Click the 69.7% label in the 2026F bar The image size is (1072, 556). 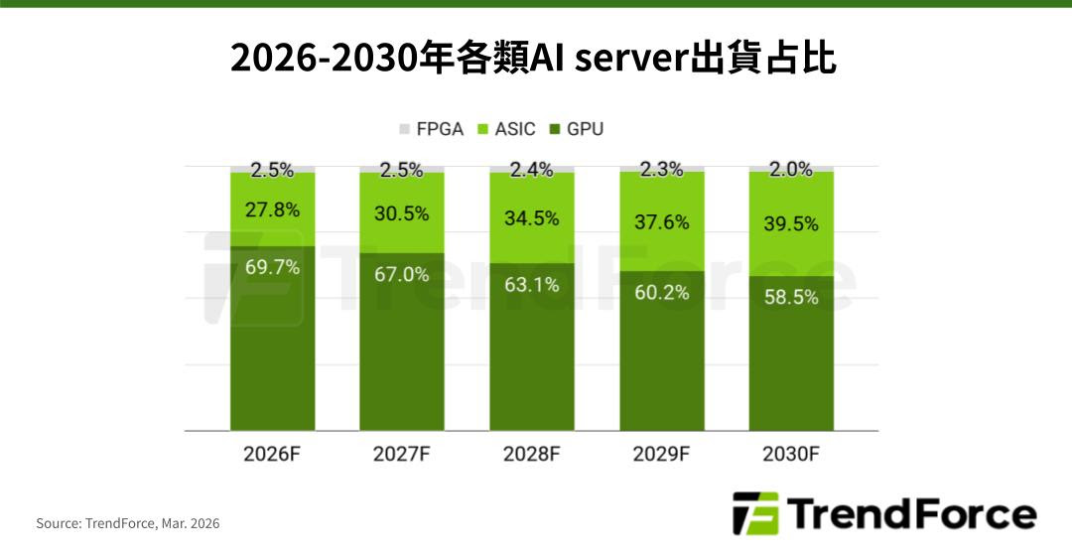coord(272,266)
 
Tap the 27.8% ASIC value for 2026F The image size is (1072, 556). coord(272,209)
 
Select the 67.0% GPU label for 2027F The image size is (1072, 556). coord(402,274)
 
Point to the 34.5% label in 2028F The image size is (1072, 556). coord(532,217)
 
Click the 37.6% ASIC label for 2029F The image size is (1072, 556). coord(662,222)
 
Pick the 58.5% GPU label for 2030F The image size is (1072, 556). coord(792,296)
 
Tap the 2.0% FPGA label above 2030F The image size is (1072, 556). coord(792,170)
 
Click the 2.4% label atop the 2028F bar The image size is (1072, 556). coord(532,170)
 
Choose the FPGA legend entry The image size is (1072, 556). coord(432,129)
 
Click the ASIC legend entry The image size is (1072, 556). coord(507,129)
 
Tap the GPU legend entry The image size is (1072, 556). coord(577,129)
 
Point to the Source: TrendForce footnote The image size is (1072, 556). coord(128,523)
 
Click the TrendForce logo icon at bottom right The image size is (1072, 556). coord(754,514)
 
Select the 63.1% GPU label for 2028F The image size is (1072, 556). coord(532,285)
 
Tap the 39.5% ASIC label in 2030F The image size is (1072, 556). coord(792,224)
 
